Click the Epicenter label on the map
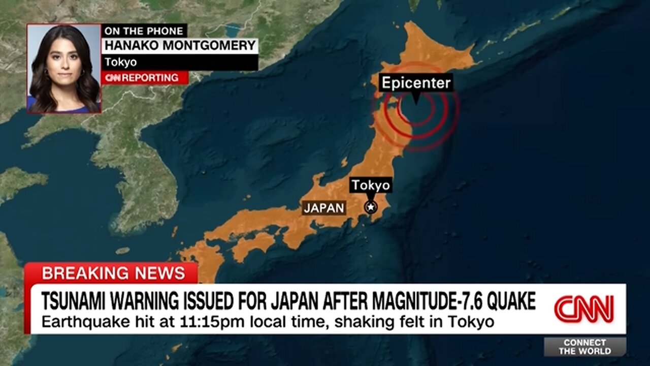(x=416, y=83)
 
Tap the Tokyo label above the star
(x=371, y=185)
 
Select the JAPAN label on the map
(x=324, y=207)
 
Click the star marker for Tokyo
(x=371, y=207)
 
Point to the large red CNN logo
(x=584, y=309)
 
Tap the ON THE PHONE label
(x=144, y=30)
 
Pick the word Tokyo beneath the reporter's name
(x=120, y=62)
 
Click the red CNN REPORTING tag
(x=144, y=78)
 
